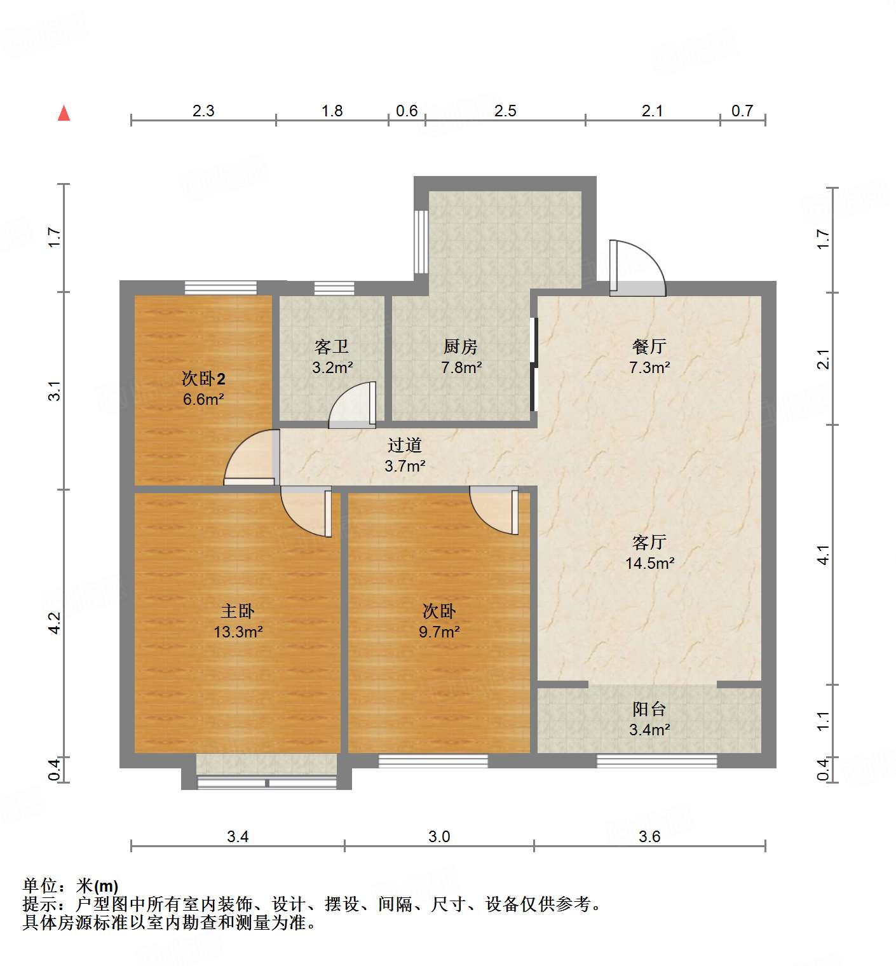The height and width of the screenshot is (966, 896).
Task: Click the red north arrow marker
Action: (x=64, y=113)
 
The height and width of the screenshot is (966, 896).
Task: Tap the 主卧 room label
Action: (x=238, y=611)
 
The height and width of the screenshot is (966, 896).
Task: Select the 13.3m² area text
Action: (x=238, y=632)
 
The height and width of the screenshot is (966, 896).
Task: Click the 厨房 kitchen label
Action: (x=461, y=346)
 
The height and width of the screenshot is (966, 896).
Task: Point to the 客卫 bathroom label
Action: (x=332, y=346)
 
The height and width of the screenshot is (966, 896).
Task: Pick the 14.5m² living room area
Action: (x=649, y=563)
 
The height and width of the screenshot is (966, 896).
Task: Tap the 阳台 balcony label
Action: (x=649, y=709)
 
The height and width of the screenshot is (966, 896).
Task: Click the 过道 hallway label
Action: (x=405, y=445)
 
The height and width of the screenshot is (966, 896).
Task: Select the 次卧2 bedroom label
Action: (x=203, y=379)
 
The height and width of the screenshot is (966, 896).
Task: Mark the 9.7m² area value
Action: (x=439, y=632)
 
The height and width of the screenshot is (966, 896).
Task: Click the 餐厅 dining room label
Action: (x=649, y=346)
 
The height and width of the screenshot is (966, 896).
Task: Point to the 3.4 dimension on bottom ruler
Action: (x=238, y=836)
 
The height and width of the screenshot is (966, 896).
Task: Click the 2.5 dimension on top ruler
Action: (x=505, y=111)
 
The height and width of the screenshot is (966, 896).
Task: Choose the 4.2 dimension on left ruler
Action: (x=55, y=622)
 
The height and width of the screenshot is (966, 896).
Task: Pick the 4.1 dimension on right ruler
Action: (x=824, y=555)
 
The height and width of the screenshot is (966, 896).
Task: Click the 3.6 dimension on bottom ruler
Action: (x=649, y=836)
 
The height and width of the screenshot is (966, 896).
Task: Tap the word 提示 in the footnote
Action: (x=39, y=904)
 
